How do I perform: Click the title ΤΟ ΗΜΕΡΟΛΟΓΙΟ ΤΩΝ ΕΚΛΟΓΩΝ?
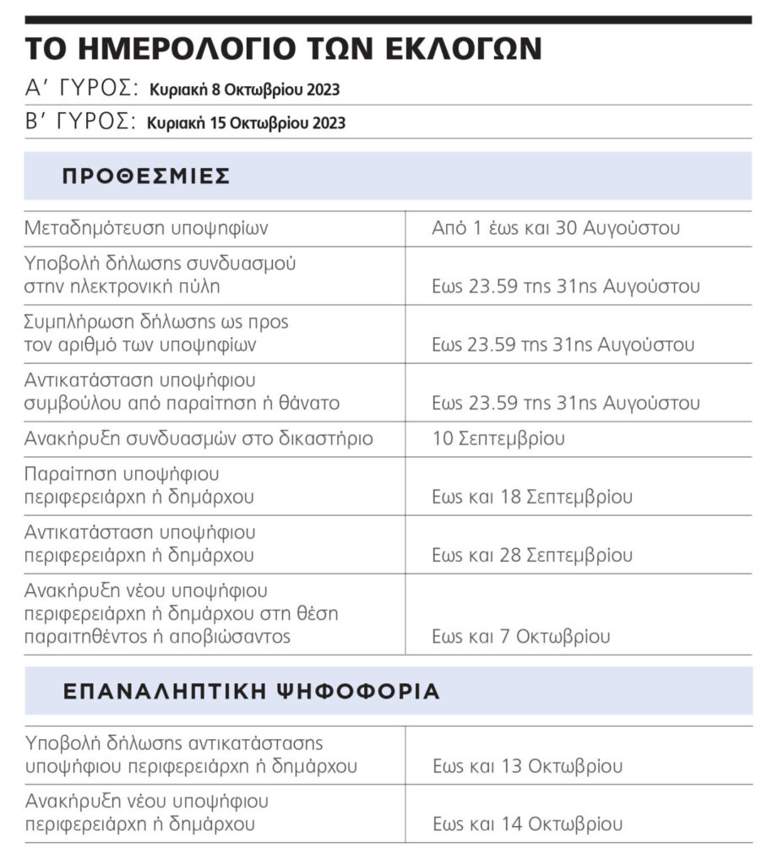(x=282, y=48)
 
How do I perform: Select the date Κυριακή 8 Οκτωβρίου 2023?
(x=245, y=90)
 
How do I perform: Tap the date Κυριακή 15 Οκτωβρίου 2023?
(x=246, y=122)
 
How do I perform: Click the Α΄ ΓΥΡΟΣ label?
(x=81, y=89)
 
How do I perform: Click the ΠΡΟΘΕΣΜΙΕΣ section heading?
(x=146, y=176)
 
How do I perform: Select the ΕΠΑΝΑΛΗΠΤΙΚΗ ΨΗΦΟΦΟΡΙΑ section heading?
(x=251, y=691)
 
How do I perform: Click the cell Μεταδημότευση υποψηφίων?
(x=147, y=228)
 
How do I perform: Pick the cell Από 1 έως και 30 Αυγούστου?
(x=556, y=228)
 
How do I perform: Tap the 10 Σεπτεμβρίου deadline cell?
(x=498, y=438)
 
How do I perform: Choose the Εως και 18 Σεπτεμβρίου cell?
(x=532, y=497)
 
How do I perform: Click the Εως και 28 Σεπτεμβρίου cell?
(x=532, y=555)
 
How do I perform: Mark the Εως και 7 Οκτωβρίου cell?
(x=520, y=636)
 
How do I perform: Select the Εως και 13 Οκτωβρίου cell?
(x=527, y=766)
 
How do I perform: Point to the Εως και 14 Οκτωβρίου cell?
(x=527, y=824)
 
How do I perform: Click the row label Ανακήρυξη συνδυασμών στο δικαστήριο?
(x=199, y=438)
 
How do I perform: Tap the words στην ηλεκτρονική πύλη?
(x=122, y=286)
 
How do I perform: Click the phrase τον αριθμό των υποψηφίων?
(x=141, y=344)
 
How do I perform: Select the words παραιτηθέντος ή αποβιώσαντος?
(x=157, y=636)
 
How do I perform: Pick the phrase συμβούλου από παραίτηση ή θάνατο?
(x=182, y=403)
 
